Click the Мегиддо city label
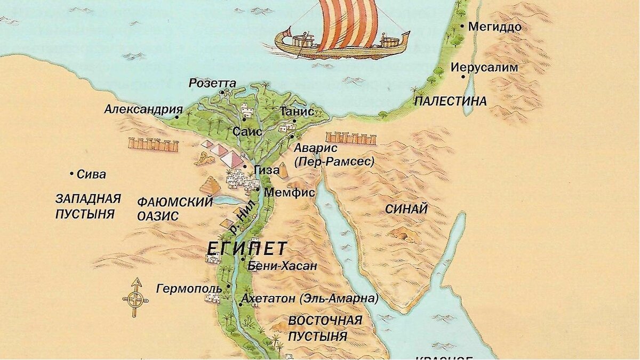494,27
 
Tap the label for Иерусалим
484,68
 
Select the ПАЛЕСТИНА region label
451,101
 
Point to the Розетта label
212,83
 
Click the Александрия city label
143,109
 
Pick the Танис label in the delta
293,111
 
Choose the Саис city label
247,131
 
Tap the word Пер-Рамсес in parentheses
334,161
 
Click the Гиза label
267,171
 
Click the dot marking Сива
71,174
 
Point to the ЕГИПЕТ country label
247,249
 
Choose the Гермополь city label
189,289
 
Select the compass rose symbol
135,298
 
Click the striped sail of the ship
348,24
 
